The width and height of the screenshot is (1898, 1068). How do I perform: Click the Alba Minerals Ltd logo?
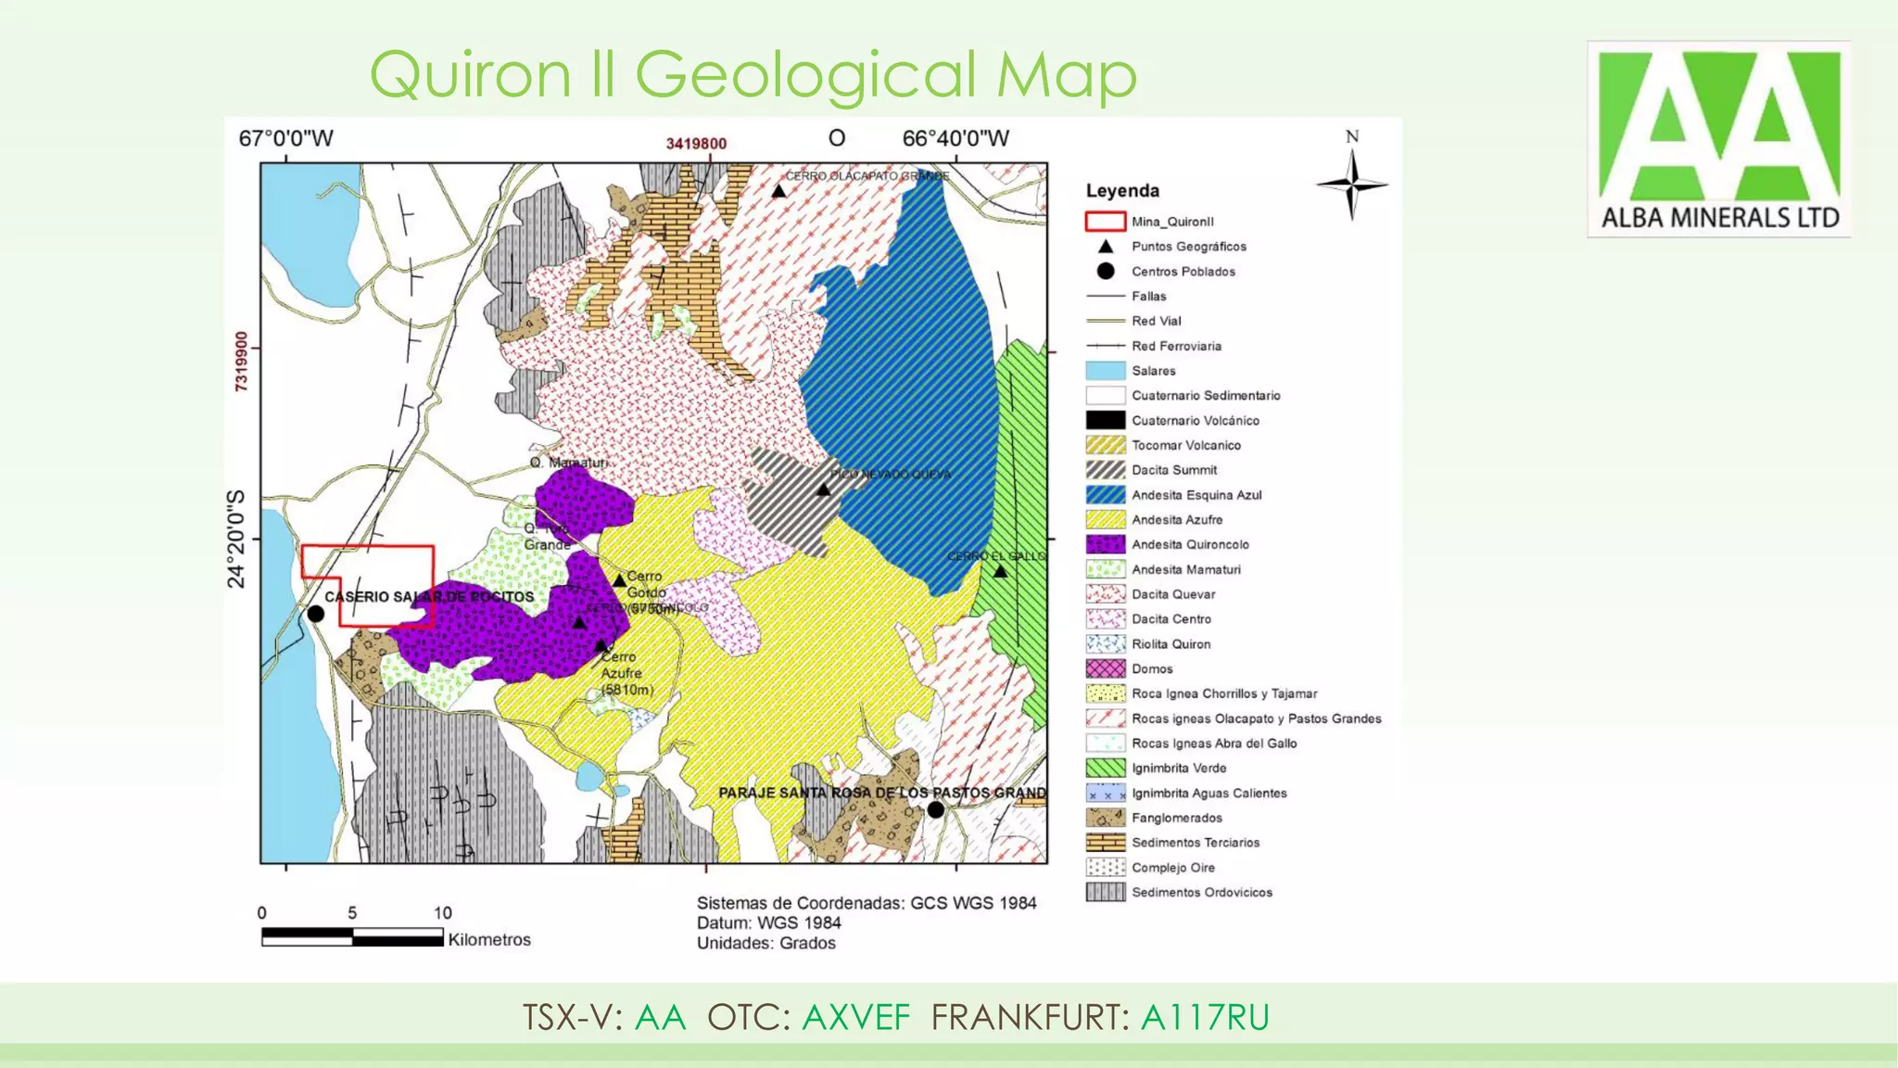coord(1718,139)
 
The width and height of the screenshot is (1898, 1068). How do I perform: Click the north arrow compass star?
coord(1352,185)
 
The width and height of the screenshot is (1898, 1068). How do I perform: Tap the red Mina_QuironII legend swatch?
coord(1105,222)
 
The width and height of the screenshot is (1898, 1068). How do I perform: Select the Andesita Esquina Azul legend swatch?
coord(1105,495)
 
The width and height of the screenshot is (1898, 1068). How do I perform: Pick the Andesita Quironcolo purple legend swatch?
coord(1105,545)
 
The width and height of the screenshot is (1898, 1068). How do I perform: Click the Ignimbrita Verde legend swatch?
coord(1105,769)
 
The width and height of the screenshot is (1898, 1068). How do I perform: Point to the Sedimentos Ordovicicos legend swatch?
coord(1105,893)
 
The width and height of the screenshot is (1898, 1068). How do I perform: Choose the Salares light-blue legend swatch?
coord(1105,371)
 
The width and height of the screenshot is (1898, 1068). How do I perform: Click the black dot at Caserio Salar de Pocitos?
coord(315,614)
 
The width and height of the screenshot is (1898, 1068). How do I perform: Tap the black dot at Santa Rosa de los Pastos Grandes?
coord(936,809)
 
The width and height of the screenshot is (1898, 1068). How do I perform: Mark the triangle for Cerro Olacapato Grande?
coord(779,192)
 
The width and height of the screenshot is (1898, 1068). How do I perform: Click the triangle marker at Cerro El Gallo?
coord(1000,572)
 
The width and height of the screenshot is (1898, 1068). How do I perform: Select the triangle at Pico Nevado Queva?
coord(823,489)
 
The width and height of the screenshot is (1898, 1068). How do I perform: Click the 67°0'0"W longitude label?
coord(285,139)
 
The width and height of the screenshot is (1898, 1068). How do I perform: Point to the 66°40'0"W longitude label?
coord(955,139)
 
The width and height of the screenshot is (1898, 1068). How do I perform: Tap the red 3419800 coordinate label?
coord(696,144)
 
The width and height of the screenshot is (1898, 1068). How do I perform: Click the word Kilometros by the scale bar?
coord(489,940)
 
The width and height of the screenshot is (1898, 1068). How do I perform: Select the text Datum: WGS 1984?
coord(768,923)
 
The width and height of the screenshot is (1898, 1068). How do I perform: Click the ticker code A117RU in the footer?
coord(1204,1018)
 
